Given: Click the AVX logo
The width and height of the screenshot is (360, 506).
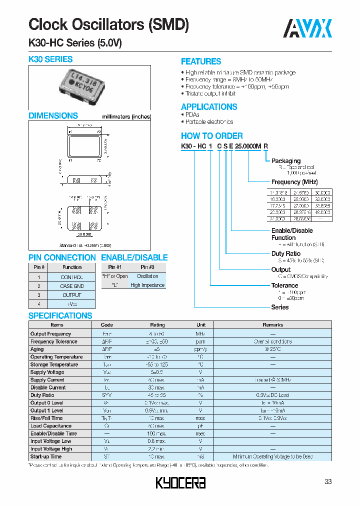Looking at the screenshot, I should (308, 28).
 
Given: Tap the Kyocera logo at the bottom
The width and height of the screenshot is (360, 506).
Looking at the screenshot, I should (180, 482).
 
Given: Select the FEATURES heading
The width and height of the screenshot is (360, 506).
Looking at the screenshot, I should (201, 61).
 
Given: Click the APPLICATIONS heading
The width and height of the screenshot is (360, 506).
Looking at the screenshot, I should (209, 107).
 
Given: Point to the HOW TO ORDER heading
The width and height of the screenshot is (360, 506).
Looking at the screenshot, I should (212, 136).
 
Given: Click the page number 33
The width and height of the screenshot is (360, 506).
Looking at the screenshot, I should (328, 481).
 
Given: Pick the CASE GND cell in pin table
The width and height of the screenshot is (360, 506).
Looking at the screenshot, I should (72, 286).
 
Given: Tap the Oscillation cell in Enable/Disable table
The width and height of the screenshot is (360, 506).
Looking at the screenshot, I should (147, 276).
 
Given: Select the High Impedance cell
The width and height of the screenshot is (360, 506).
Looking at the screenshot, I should (147, 285).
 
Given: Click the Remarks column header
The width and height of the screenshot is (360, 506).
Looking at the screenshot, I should (273, 325).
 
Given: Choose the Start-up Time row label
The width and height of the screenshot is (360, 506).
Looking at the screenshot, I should (46, 456).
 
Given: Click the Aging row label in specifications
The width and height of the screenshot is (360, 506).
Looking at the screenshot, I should (37, 349).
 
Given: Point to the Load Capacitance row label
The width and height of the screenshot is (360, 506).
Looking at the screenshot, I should (50, 426).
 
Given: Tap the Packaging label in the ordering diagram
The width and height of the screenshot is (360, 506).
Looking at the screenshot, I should (286, 161).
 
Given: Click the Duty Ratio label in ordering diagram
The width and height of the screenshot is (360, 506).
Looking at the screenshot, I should (285, 254).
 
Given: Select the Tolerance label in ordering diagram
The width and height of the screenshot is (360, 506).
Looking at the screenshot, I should (284, 285).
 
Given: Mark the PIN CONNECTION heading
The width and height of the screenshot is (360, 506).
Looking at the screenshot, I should (62, 257).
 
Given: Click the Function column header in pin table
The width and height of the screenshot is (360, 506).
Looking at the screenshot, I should (72, 267).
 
